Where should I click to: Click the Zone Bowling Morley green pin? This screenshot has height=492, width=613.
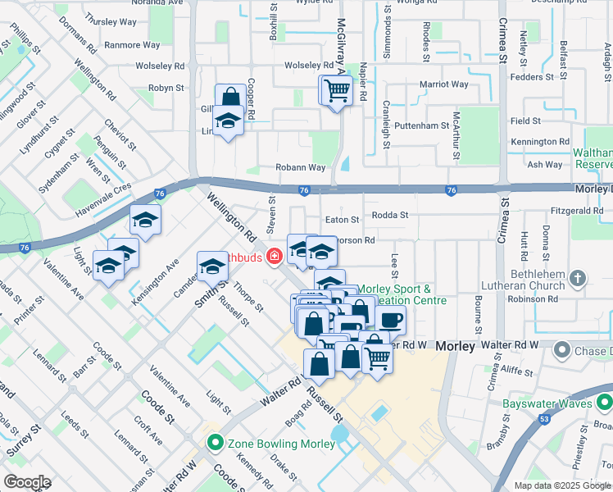(x=216, y=444)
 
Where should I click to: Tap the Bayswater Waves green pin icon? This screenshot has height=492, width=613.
(x=605, y=403)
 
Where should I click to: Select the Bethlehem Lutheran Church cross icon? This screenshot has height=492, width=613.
(x=578, y=279)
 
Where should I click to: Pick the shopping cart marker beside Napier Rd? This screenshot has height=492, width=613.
(x=336, y=91)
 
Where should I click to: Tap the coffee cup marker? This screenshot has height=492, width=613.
(x=391, y=320)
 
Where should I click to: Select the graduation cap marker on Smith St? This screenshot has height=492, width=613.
(x=211, y=266)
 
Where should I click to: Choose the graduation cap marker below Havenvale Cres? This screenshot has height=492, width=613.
(x=145, y=220)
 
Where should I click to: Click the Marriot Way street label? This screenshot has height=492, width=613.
(x=443, y=84)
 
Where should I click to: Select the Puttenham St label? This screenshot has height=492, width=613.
(x=421, y=126)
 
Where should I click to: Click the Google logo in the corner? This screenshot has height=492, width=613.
(x=26, y=482)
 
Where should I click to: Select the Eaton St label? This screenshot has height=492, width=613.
(x=342, y=220)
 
